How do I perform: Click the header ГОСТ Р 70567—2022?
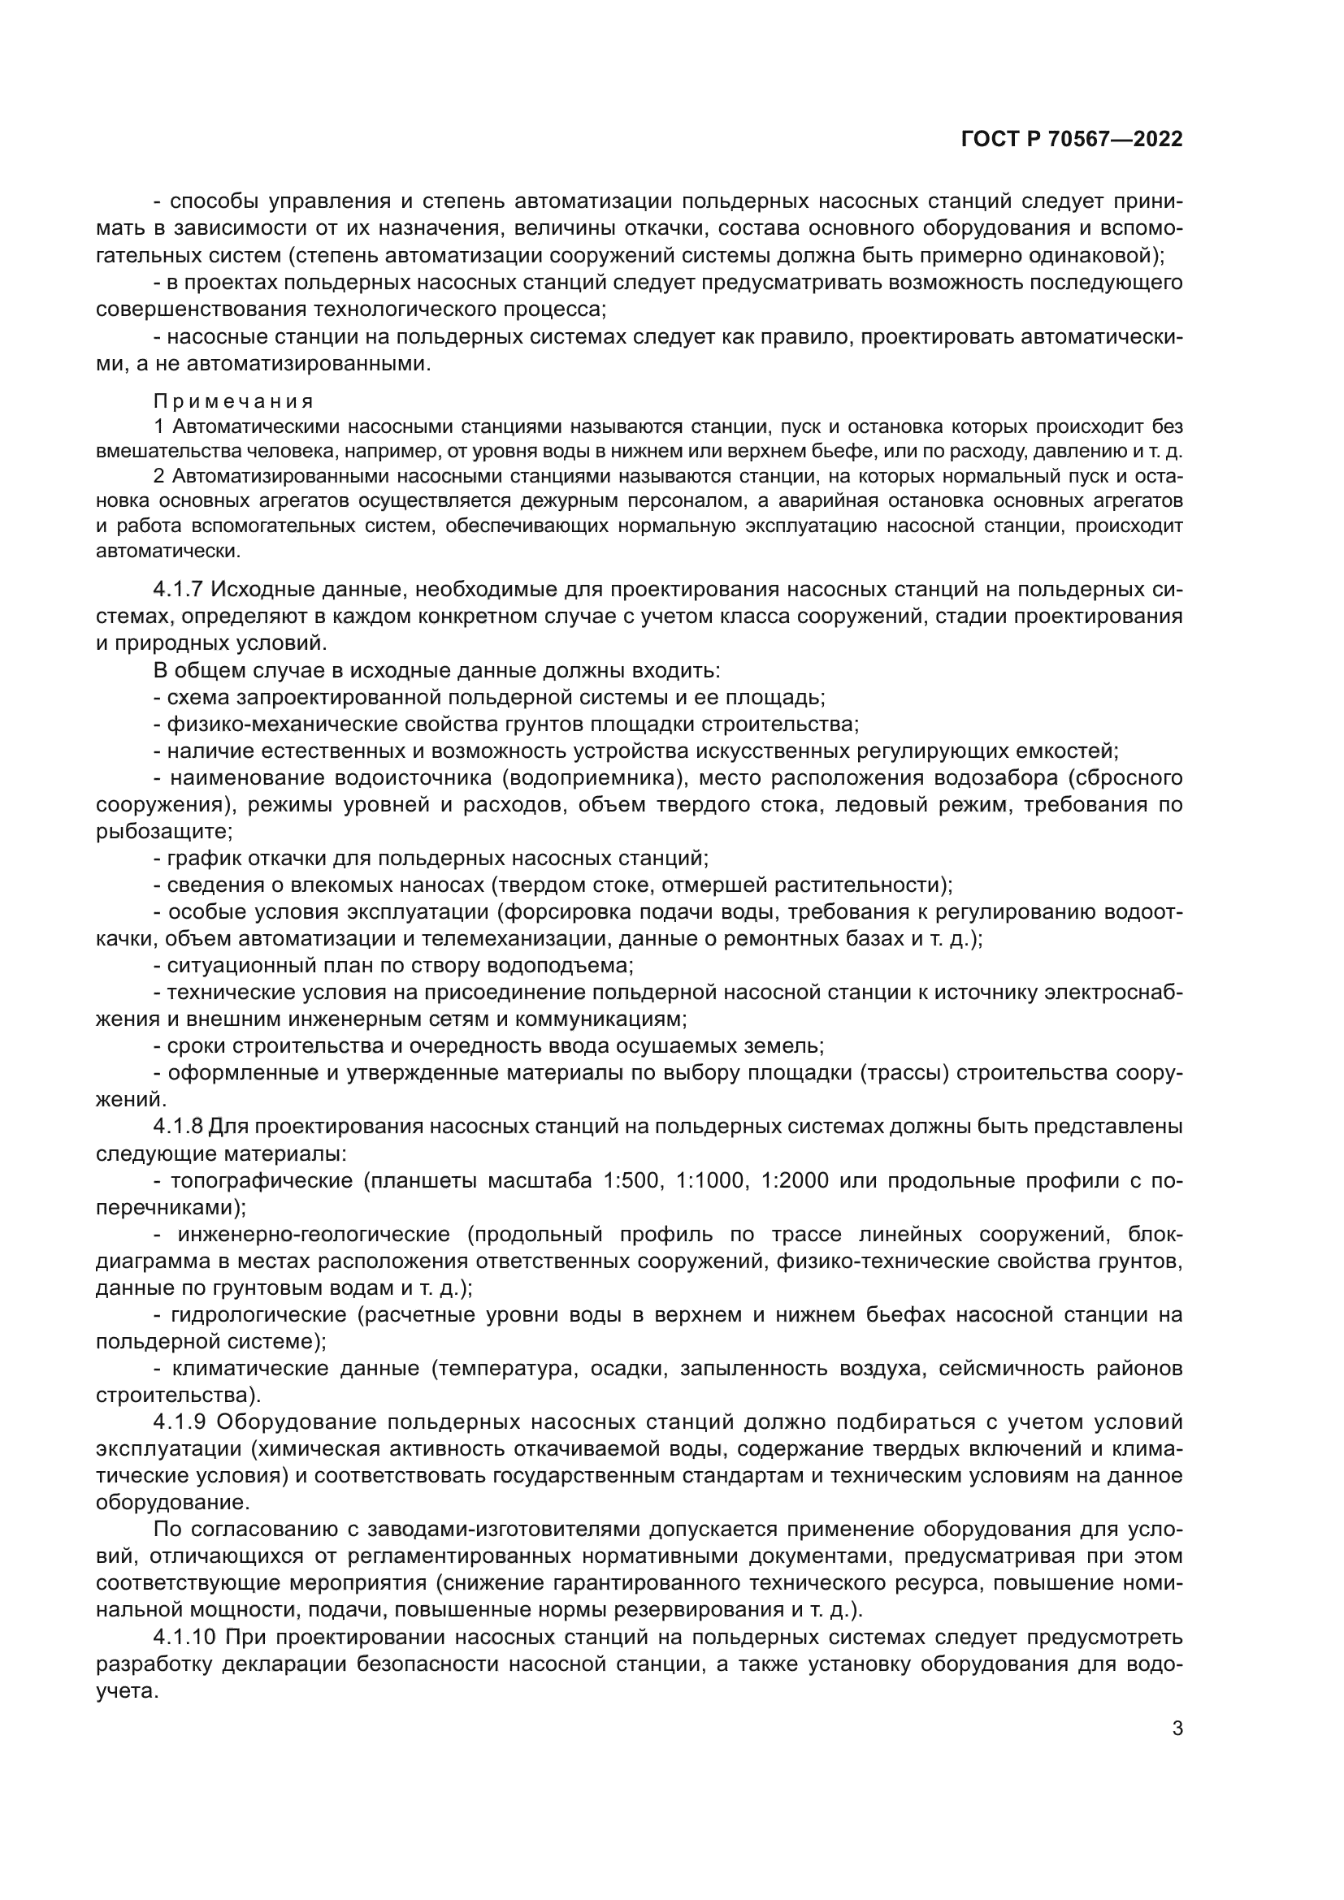[x=1072, y=140]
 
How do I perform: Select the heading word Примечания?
[x=234, y=401]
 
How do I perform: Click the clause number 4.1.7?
[x=178, y=589]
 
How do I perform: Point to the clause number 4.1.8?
[x=178, y=1126]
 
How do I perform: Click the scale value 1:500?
[x=635, y=1180]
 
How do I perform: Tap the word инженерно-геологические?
[x=313, y=1234]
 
